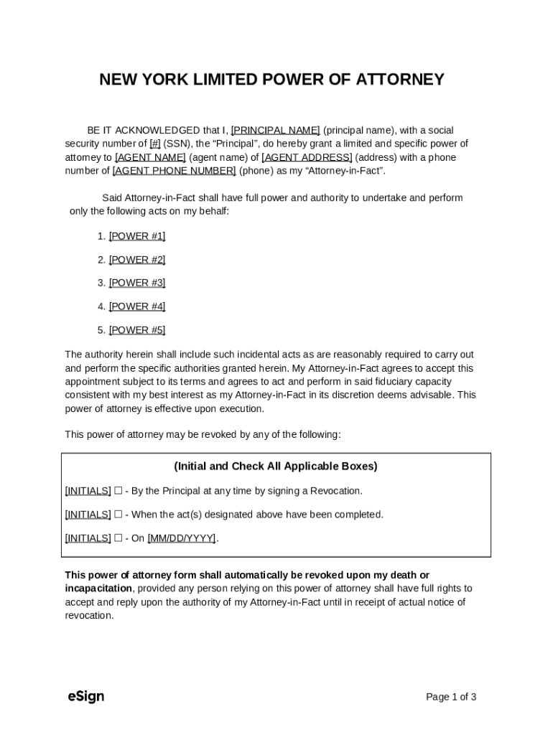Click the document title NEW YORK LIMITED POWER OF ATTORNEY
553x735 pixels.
click(271, 80)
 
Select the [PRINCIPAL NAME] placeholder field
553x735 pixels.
click(275, 131)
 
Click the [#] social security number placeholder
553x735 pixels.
click(154, 144)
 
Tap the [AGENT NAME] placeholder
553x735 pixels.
click(150, 157)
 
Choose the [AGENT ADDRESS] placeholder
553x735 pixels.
click(307, 157)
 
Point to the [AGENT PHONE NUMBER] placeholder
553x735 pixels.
click(174, 171)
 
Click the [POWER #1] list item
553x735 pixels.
click(136, 236)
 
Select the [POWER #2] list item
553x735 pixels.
click(136, 260)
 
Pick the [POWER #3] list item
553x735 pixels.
click(136, 283)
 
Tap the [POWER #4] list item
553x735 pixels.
click(136, 306)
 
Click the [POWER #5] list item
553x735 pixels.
click(136, 330)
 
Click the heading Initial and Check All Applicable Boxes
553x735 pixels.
click(276, 467)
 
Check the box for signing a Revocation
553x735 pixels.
click(118, 491)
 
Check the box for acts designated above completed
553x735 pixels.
click(118, 515)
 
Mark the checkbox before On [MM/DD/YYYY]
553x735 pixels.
click(118, 538)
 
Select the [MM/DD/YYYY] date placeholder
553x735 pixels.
click(181, 538)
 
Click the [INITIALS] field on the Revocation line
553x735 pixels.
click(88, 491)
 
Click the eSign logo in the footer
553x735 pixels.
click(85, 696)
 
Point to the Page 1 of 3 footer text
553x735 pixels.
click(451, 697)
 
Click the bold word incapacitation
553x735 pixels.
click(98, 589)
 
